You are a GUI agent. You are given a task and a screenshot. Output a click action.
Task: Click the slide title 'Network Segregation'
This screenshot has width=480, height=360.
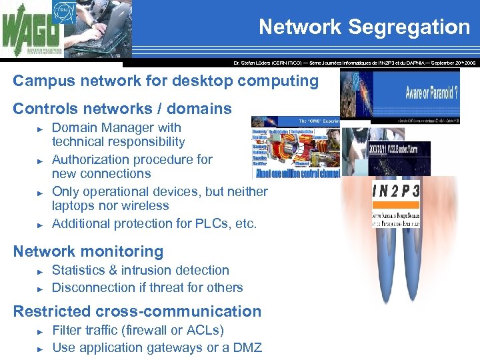pos(364,27)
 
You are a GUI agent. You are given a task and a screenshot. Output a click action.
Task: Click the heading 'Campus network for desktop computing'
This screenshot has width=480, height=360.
pos(166,81)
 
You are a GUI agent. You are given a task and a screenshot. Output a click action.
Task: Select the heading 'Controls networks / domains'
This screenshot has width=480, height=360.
pos(123,109)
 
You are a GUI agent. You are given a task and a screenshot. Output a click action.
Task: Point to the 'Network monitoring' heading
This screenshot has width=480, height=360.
pos(88,251)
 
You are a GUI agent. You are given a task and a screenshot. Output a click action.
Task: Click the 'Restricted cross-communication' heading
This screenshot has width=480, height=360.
pos(137,311)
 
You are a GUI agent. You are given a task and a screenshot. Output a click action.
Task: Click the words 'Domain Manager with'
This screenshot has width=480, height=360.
pos(117,127)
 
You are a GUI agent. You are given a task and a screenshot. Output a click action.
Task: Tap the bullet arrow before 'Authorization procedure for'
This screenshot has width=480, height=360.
pos(40,161)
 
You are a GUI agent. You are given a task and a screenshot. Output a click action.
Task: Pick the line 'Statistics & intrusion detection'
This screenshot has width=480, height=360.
pos(140,270)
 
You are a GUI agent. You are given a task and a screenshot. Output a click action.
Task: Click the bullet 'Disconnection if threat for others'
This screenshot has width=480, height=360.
pos(147,287)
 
